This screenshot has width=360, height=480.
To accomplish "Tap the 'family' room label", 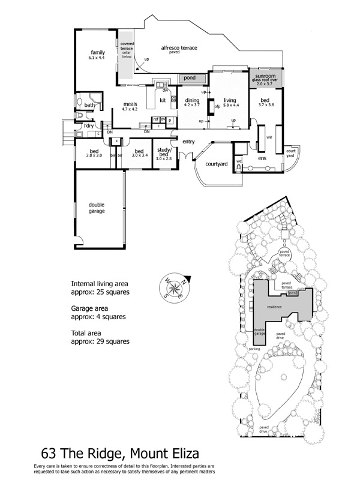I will click(x=98, y=52).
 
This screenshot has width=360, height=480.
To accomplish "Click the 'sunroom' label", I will click(x=265, y=77).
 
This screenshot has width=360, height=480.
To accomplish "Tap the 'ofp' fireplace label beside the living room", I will click(x=217, y=107).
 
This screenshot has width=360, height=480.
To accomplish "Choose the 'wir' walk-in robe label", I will click(x=269, y=137).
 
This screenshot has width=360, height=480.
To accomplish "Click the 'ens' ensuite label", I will click(x=262, y=158).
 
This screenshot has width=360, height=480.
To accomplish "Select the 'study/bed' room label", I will click(x=164, y=151).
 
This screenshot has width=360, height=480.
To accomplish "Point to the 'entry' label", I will click(x=189, y=142).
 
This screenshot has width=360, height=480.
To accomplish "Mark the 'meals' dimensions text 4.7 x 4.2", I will click(x=130, y=109).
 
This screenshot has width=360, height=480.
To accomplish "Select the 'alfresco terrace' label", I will click(x=179, y=47).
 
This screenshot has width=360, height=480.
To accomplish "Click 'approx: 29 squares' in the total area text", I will click(x=100, y=341).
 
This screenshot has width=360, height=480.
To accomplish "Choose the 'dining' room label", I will click(x=192, y=100).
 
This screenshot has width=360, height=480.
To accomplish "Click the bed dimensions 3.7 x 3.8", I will click(x=266, y=104).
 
